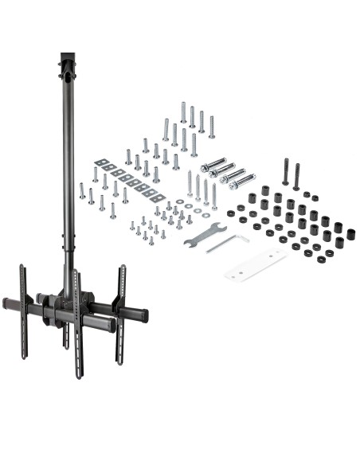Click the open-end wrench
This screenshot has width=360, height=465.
pos(205,233)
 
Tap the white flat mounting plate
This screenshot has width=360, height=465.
pos(254,263)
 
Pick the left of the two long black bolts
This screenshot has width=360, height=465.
pos(285,171)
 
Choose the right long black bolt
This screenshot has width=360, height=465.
pos(296,176)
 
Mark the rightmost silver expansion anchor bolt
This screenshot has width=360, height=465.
pos(242,180)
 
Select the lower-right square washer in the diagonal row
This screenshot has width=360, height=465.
pos(158,197)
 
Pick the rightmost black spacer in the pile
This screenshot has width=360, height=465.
pos(351,234)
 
